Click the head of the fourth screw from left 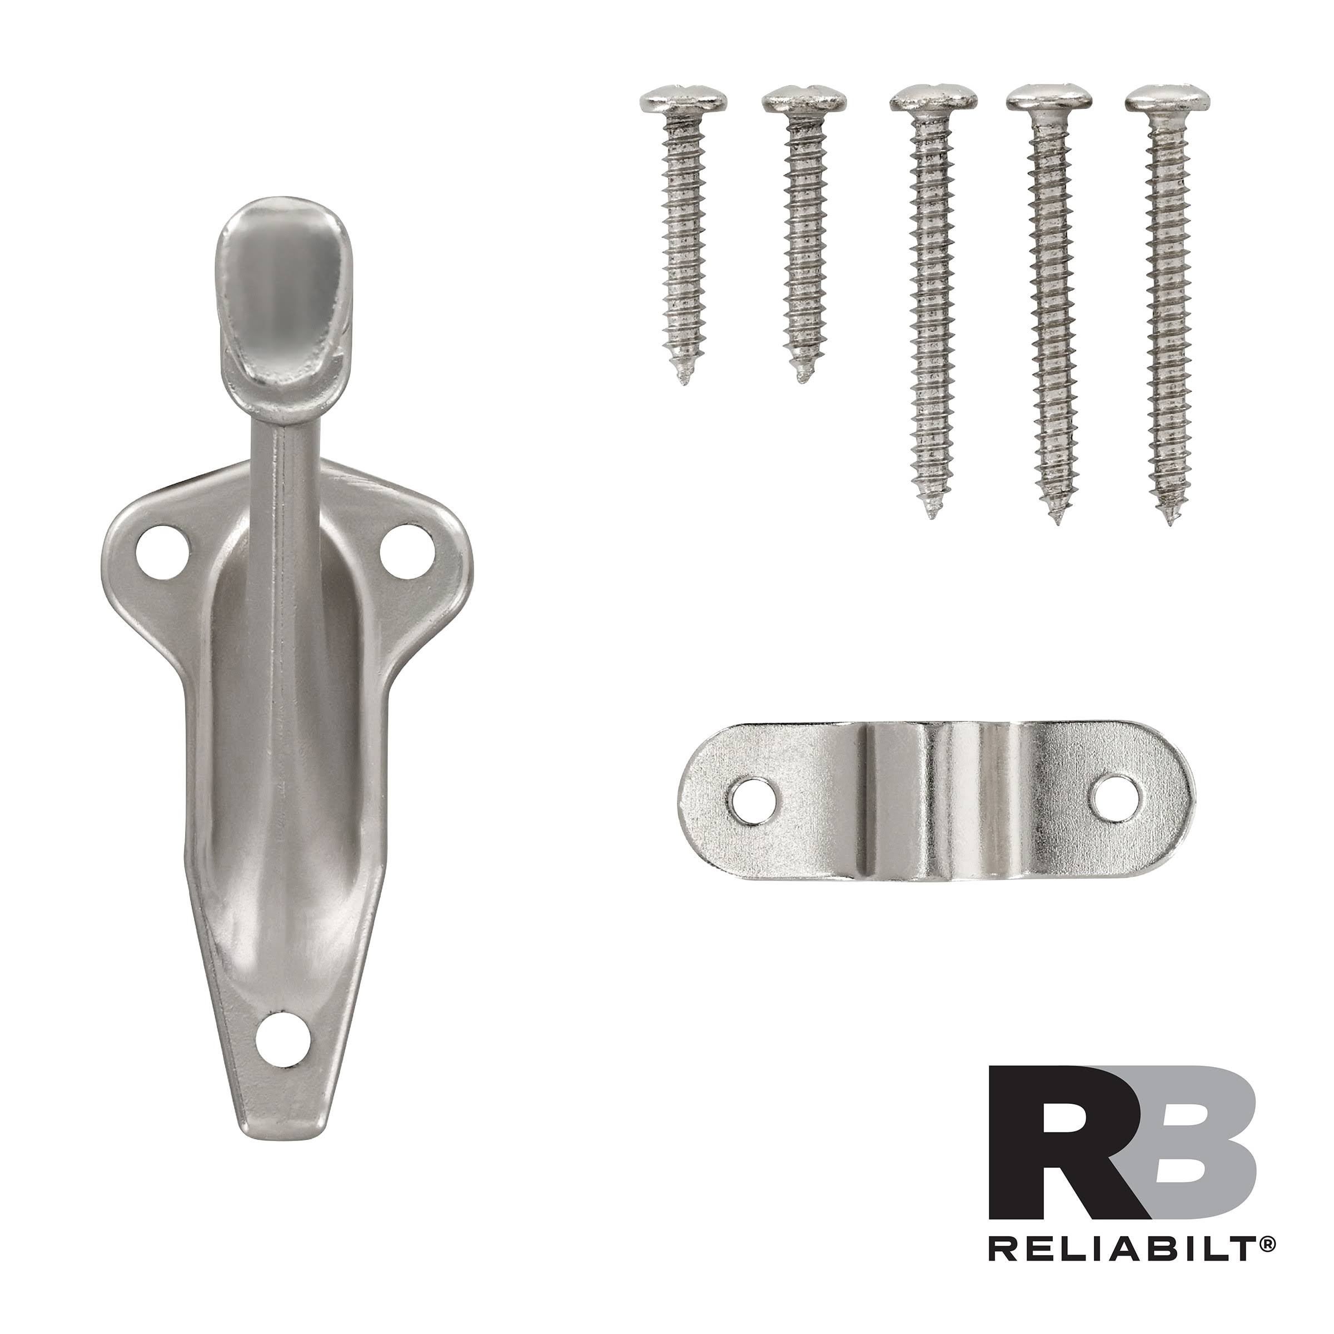(1049, 100)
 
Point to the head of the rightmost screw (1168, 100)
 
